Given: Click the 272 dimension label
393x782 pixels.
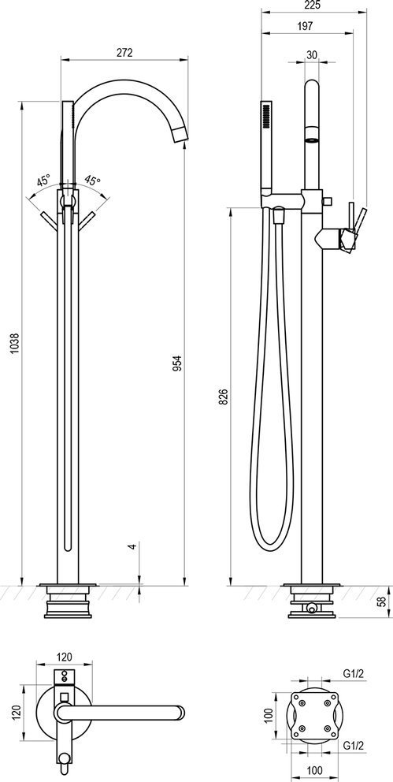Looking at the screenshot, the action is point(124,52).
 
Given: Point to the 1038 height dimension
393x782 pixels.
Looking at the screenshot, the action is point(15,344).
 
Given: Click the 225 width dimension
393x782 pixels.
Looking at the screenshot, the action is point(314,5).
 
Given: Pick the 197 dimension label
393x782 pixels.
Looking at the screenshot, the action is point(305,27).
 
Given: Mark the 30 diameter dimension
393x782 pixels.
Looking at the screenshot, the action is point(312,55).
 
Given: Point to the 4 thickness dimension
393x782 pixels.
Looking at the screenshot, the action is point(132,546).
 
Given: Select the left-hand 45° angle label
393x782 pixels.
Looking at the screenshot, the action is point(43,180).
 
